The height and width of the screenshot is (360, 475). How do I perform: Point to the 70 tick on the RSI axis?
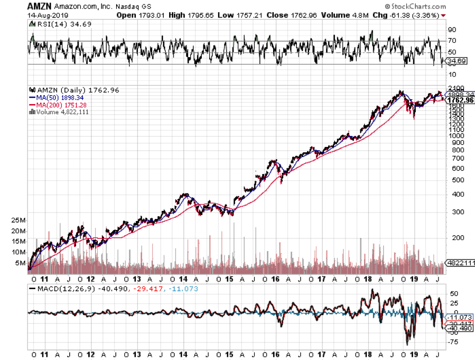(x=453, y=41)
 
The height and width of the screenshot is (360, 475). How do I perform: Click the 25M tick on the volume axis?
(x=20, y=220)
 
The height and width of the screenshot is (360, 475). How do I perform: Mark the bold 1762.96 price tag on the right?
(x=459, y=100)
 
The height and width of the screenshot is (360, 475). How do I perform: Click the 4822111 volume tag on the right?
(x=460, y=263)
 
